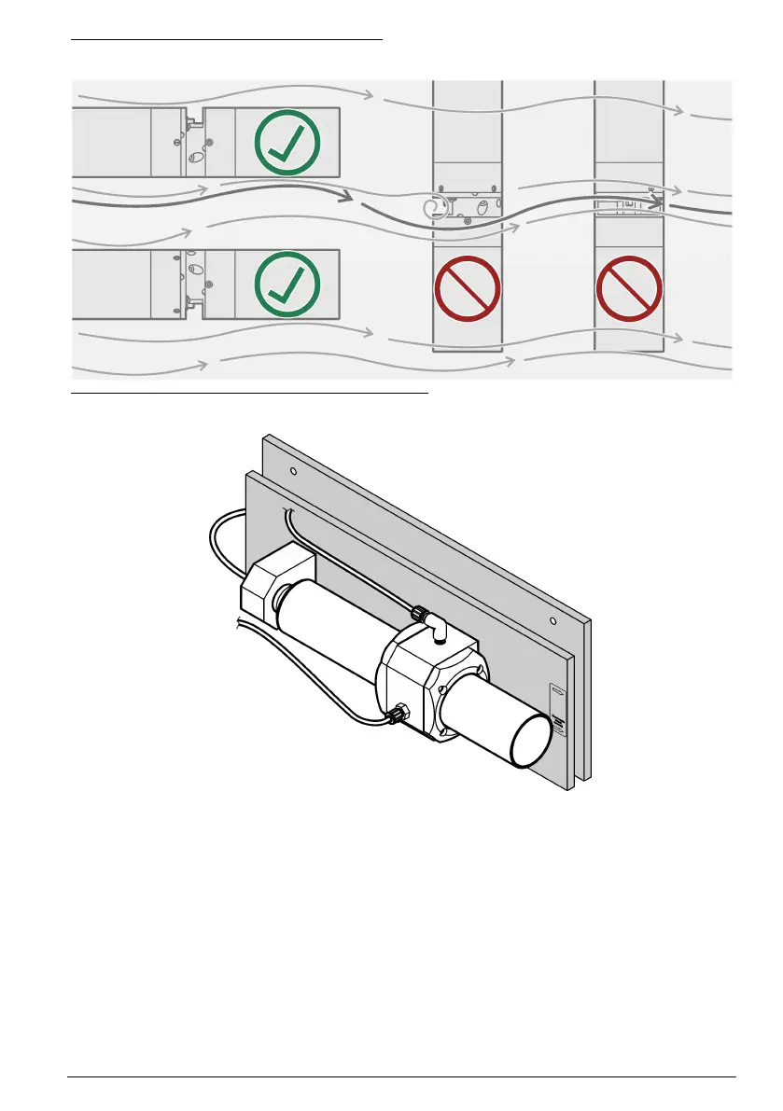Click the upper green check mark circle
point(287,143)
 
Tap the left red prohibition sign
point(468,287)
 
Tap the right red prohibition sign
point(629,287)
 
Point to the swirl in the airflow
point(431,209)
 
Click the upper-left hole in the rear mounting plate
point(294,472)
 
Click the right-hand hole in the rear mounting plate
point(553,620)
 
